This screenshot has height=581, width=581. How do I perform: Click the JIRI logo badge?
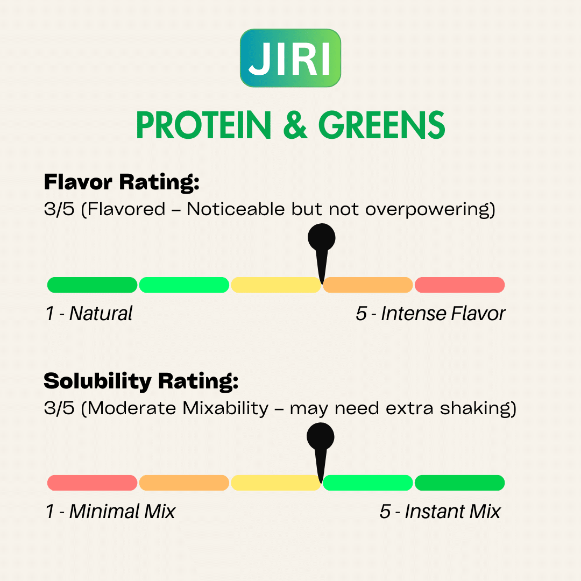click(x=290, y=58)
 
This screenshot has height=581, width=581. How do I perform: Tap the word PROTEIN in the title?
click(x=204, y=125)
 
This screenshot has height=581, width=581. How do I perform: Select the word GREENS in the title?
click(x=381, y=125)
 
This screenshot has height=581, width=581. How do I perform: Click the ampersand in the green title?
click(x=295, y=125)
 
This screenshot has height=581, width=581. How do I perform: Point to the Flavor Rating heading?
click(x=122, y=182)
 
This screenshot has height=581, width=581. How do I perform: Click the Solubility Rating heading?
click(x=141, y=381)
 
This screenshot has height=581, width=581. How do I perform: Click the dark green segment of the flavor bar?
click(x=93, y=285)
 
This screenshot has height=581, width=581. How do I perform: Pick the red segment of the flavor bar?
click(x=460, y=285)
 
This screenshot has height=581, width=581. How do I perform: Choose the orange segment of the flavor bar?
click(x=368, y=285)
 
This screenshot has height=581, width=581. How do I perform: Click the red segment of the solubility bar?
click(x=93, y=483)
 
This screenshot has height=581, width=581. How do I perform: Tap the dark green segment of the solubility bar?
click(x=460, y=483)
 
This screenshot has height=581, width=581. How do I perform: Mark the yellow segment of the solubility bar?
click(x=276, y=483)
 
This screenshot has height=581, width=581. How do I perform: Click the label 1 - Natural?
click(x=89, y=314)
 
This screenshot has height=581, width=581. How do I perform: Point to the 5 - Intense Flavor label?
click(x=430, y=314)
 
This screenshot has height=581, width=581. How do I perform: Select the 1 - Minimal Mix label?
click(x=110, y=512)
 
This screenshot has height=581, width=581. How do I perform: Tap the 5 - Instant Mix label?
click(x=440, y=512)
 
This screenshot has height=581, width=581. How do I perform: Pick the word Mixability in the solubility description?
click(x=225, y=408)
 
